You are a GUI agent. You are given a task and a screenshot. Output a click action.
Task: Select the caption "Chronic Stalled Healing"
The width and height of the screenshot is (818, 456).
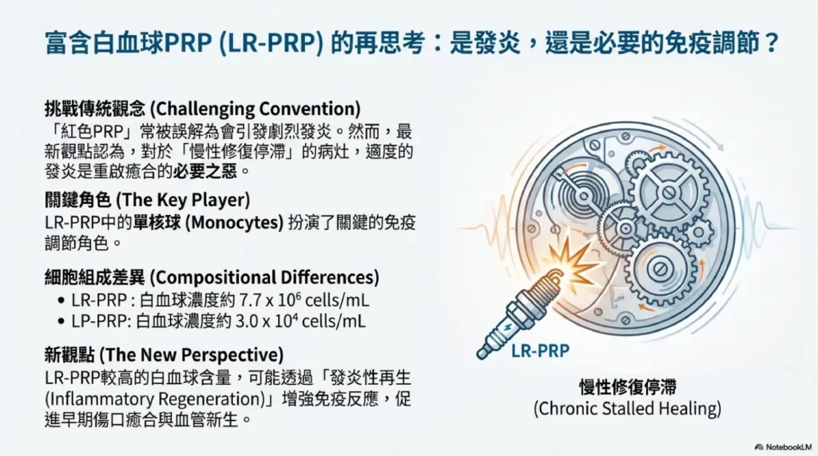[627, 409]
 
